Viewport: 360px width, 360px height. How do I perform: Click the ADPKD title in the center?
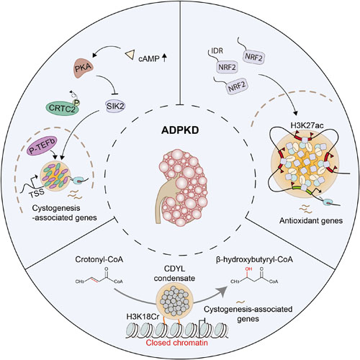pyautogui.click(x=180, y=130)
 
